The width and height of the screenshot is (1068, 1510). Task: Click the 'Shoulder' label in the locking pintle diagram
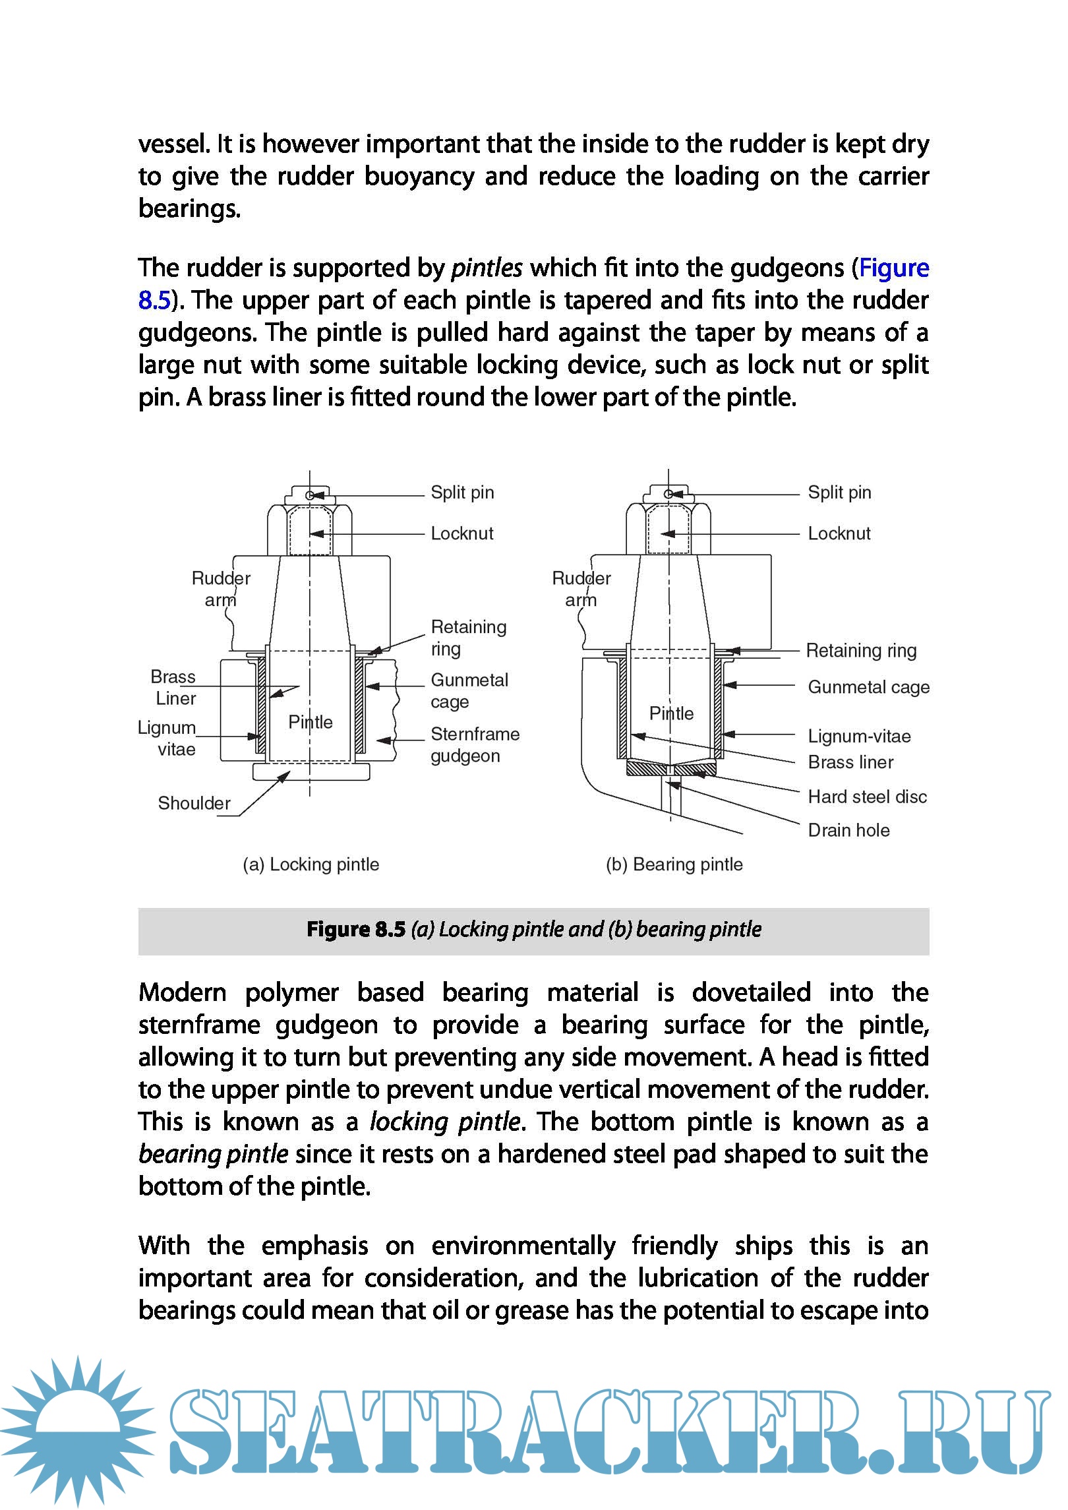coord(194,803)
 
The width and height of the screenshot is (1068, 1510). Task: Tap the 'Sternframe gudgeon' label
coord(475,744)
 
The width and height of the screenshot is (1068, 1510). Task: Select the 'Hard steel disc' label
coord(867,797)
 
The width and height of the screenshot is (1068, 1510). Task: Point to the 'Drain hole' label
coord(848,830)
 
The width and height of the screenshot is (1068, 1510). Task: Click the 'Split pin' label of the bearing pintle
coord(839,493)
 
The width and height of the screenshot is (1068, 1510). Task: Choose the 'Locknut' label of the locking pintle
coord(461,533)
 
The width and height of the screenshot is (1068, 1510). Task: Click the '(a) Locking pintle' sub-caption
coord(311,864)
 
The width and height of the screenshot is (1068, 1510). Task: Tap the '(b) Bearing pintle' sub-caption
coord(674,864)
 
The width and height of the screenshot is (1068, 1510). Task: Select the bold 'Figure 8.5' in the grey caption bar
coord(355,930)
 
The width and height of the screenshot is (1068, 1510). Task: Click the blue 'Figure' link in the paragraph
coord(893,268)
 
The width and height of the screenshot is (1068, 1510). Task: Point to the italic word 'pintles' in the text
coord(487,268)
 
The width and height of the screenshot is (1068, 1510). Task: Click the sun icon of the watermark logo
coord(78,1431)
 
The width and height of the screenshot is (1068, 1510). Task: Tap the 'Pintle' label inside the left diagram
coord(311,722)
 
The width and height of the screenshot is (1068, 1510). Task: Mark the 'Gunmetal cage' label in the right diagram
coord(868,687)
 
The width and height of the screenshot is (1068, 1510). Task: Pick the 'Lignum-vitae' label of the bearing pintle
coord(859,736)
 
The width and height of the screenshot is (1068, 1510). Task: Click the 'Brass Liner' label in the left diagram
coord(174,687)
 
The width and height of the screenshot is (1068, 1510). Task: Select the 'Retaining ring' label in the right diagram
coord(861,651)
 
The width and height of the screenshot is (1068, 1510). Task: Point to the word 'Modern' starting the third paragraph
coord(182,993)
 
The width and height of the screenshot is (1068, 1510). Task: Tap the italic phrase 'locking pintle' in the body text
coord(445,1122)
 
